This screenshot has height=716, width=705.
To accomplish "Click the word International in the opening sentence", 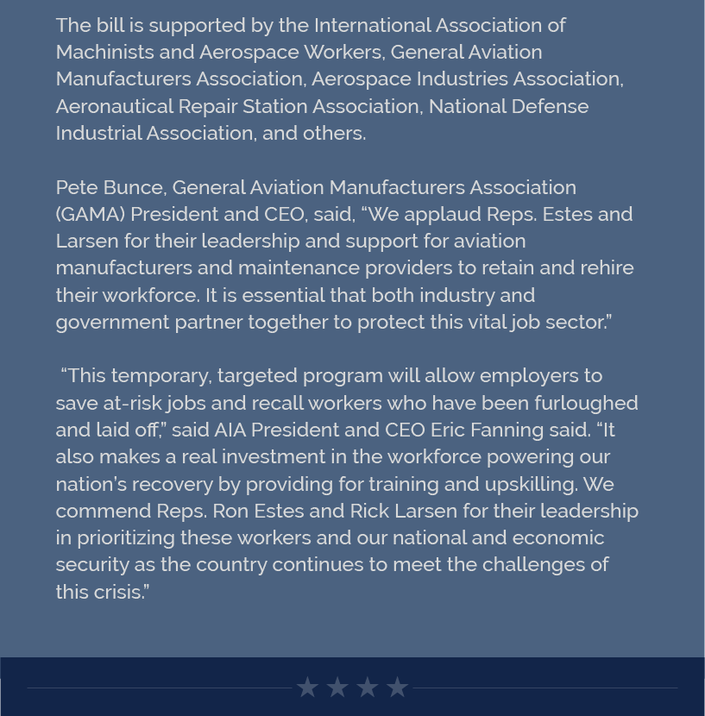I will click(369, 25).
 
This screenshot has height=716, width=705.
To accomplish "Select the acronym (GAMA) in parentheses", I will click(90, 214).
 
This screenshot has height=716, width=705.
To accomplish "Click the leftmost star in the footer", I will click(307, 688).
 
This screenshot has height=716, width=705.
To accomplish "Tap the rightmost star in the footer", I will click(397, 688).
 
